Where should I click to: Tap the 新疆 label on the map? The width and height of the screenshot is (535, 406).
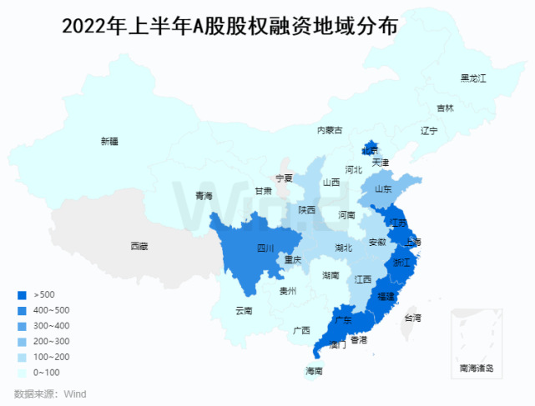109,141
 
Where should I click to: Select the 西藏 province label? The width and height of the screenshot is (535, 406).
139,246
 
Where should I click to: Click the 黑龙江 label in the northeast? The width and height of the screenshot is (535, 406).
472,78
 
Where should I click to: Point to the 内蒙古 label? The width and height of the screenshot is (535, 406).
330,130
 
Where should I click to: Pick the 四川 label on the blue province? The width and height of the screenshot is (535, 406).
265,248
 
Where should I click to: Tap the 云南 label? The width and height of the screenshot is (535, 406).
244,311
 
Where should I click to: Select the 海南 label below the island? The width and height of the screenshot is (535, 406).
314,371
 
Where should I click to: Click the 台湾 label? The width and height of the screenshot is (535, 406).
413,318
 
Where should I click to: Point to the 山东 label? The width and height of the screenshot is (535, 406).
383,189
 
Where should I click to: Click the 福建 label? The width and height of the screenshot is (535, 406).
386,296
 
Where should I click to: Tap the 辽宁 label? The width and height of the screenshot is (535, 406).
429,131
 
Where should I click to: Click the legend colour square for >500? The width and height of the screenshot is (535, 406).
22,294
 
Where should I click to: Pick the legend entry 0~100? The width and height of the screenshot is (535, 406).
47,372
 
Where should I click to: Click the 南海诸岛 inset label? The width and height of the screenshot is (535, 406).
477,368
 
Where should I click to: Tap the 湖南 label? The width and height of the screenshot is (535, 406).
331,275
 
